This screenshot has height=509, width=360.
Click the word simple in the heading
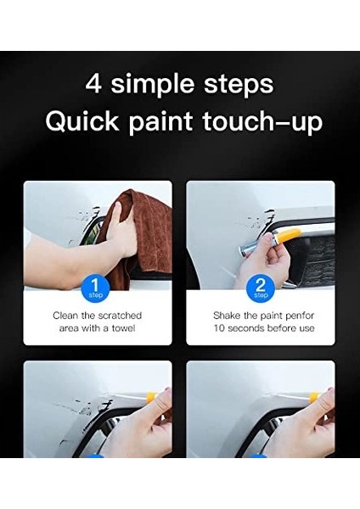click(x=154, y=85)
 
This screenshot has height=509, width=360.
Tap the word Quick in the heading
click(x=82, y=121)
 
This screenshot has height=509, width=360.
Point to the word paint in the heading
click(x=160, y=123)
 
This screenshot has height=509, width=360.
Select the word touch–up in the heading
click(x=263, y=123)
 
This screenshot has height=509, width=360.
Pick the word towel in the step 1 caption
click(x=123, y=327)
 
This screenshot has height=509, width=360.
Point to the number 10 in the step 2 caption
click(x=219, y=328)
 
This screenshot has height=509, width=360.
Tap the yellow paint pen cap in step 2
click(x=286, y=236)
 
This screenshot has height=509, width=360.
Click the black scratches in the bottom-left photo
click(x=87, y=413)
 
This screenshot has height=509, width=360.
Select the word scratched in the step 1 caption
click(x=120, y=316)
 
